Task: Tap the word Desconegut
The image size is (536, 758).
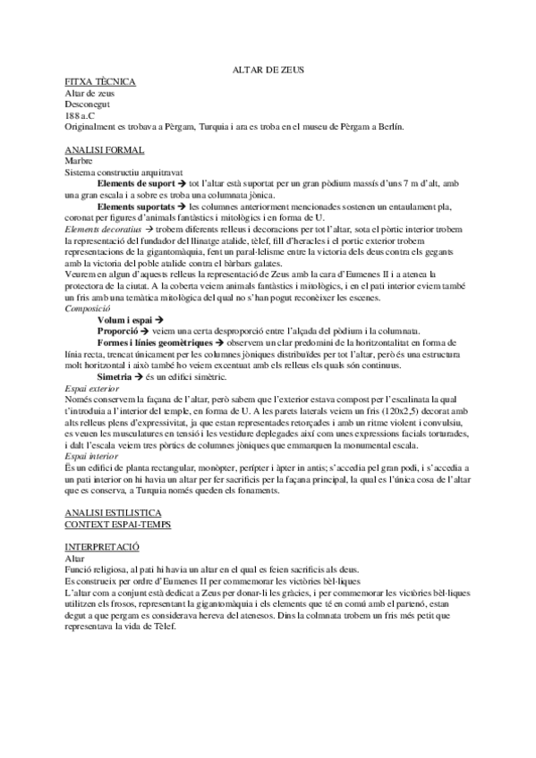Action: pyautogui.click(x=89, y=104)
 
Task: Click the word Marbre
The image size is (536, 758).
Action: pyautogui.click(x=81, y=161)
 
